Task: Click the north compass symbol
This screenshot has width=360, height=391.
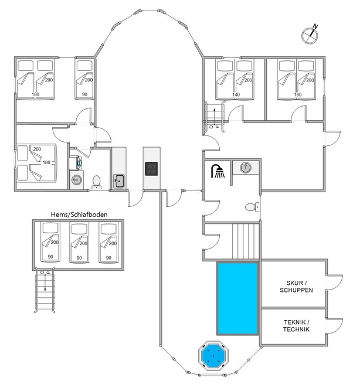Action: [310, 35]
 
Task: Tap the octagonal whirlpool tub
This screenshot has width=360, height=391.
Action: [213, 355]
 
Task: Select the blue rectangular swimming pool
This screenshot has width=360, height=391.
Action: [238, 298]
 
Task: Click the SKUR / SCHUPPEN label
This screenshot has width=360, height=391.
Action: [296, 287]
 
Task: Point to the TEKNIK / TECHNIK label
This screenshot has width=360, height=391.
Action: [296, 326]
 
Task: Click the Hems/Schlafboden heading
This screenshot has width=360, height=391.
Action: [79, 215]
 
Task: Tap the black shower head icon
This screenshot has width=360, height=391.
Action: [218, 171]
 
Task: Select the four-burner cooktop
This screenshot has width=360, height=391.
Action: [151, 169]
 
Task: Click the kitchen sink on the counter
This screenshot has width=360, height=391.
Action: [119, 181]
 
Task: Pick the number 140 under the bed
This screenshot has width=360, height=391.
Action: [236, 94]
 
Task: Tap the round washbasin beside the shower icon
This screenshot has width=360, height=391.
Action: [246, 167]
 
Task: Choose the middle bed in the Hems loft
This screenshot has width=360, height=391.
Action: [79, 242]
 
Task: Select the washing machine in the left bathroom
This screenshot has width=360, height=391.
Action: [75, 163]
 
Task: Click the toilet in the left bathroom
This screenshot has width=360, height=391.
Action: [96, 182]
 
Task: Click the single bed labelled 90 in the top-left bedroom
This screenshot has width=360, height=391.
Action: [84, 79]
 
